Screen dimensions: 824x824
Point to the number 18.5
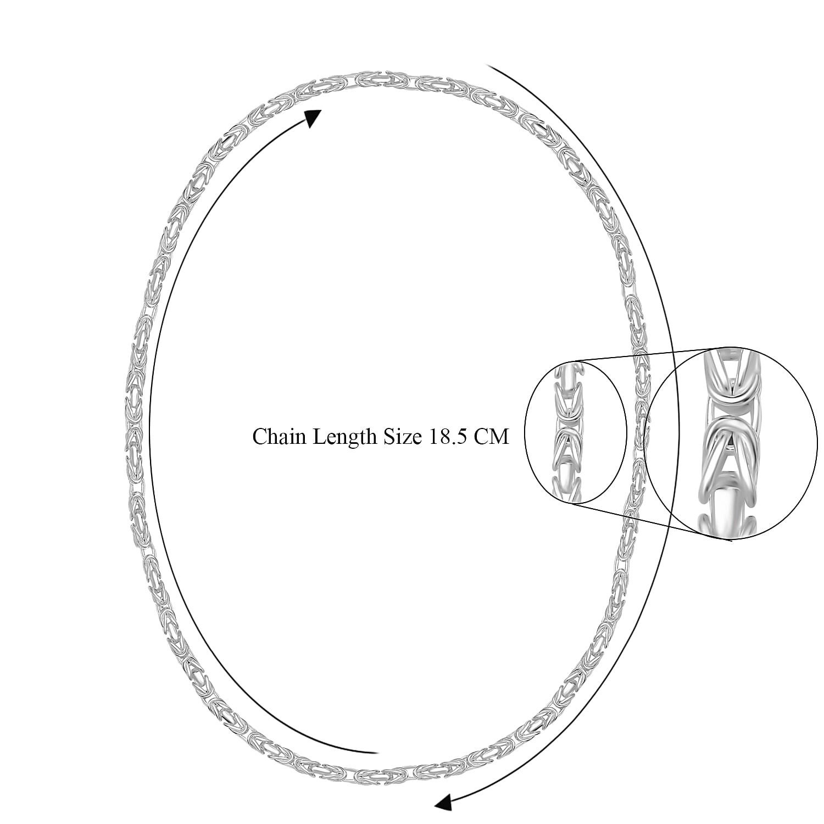pyautogui.click(x=448, y=437)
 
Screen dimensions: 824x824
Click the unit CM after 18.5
pyautogui.click(x=492, y=437)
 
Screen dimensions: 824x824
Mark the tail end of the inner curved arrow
pyautogui.click(x=376, y=752)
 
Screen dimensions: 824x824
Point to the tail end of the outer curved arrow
pyautogui.click(x=488, y=65)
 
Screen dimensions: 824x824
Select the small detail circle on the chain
pyautogui.click(x=576, y=432)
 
